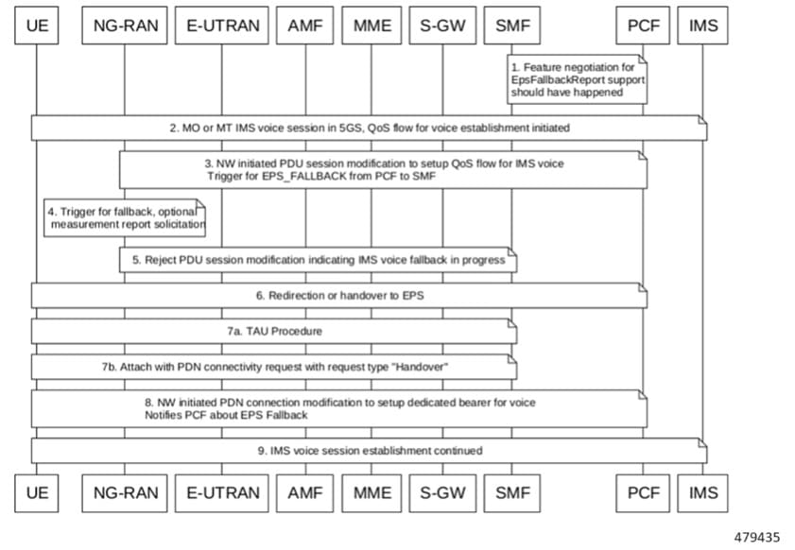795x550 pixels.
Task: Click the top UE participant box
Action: (x=37, y=26)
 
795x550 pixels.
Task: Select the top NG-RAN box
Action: (x=125, y=26)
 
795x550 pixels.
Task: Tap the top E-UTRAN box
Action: (x=222, y=26)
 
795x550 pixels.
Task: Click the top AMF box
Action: (x=304, y=26)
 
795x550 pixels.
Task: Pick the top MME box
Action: (x=372, y=26)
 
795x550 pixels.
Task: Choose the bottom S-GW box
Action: (x=442, y=493)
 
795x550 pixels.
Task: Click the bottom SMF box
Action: (x=512, y=493)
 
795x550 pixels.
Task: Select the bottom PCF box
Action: (x=643, y=493)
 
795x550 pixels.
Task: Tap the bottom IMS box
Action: (x=702, y=493)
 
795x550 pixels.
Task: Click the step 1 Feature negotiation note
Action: (x=577, y=79)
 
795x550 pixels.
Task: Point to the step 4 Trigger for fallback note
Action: (x=125, y=218)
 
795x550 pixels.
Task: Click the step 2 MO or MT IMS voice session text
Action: (x=370, y=129)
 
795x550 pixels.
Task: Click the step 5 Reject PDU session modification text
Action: (x=319, y=260)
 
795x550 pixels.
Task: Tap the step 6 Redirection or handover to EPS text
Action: (x=339, y=296)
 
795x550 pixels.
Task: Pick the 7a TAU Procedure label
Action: (x=274, y=332)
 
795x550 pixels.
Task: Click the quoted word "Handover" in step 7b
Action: (x=421, y=367)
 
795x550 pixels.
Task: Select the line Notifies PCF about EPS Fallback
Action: (x=226, y=415)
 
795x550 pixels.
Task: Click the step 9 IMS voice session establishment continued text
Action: (x=371, y=451)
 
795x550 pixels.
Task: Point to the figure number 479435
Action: (x=757, y=538)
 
